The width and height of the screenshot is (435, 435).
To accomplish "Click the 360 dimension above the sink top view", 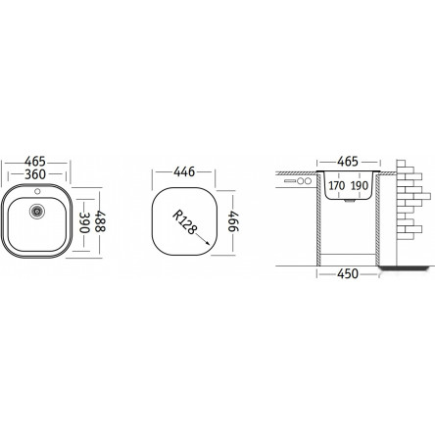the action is pos(35,174).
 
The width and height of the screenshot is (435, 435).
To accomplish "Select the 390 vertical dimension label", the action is pos(84,222).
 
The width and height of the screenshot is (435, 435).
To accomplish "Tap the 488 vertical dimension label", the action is pos(100,221).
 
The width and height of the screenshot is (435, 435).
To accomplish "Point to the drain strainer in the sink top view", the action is pos(36,211).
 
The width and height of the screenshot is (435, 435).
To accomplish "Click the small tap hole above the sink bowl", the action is pos(37,191).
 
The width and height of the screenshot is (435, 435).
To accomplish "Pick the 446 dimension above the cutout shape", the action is pos(184,171).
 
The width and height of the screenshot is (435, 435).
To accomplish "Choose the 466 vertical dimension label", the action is pos(233,221).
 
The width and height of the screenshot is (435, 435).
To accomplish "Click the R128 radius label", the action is pos(184,222).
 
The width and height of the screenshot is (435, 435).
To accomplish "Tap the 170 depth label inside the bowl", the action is pos(337,186).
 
